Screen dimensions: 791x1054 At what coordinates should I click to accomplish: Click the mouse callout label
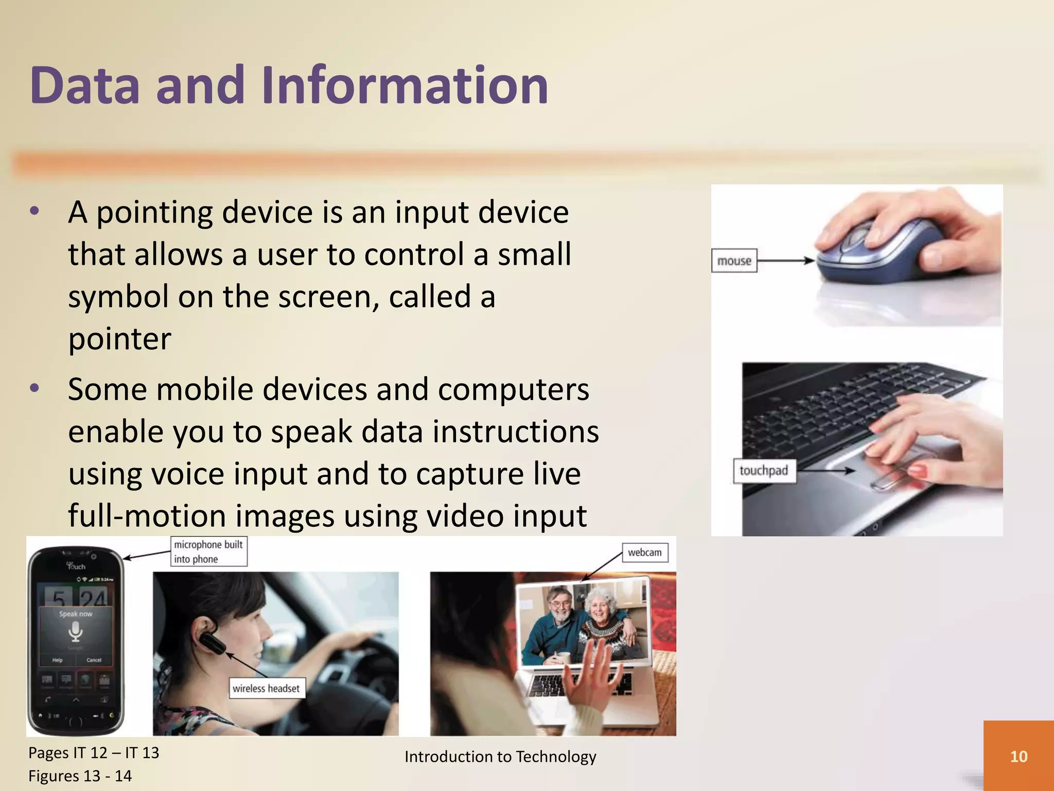tap(734, 261)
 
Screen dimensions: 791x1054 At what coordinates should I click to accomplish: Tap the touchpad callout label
tap(764, 471)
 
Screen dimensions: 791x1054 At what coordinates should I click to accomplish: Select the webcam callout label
tap(645, 553)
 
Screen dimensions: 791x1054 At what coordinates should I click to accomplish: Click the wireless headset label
tap(266, 689)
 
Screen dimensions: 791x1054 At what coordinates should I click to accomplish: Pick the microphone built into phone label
tap(208, 552)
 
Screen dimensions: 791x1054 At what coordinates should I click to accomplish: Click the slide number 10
tap(1018, 756)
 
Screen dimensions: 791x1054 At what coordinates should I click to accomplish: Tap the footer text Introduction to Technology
tap(500, 756)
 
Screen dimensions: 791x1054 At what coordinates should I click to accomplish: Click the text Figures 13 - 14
tap(80, 776)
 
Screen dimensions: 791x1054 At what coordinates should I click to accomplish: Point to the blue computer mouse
tap(875, 252)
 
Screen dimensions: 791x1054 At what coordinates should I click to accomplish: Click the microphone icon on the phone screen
tap(76, 631)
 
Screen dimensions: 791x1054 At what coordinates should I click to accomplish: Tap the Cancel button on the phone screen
tap(94, 660)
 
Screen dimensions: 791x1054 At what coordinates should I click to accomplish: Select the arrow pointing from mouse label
tap(785, 261)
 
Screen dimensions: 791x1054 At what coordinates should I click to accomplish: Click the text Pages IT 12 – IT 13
tap(94, 753)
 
